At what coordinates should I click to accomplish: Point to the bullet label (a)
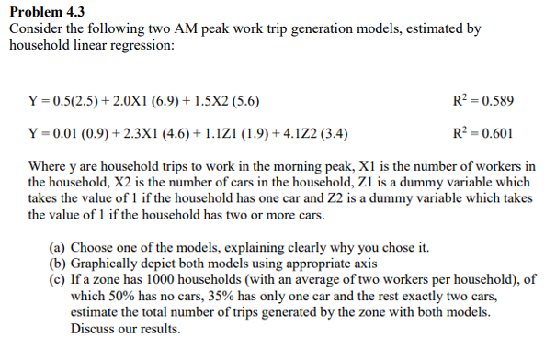point(57,248)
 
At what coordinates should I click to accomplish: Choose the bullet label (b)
point(57,264)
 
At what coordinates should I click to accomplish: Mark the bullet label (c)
point(57,281)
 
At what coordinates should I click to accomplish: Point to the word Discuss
point(95,331)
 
